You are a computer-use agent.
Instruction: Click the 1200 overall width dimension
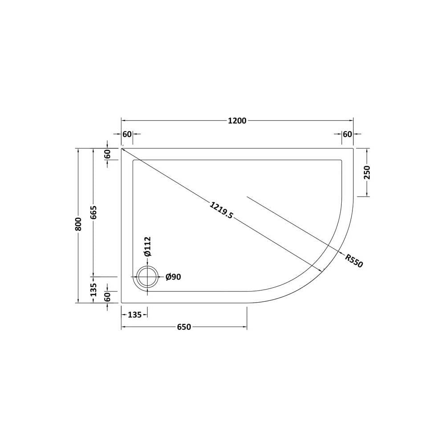(x=237, y=121)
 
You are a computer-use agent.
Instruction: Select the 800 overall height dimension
(x=78, y=224)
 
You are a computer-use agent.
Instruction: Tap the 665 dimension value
(x=93, y=212)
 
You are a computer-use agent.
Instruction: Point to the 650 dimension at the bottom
(x=184, y=327)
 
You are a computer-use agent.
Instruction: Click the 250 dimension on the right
(x=367, y=173)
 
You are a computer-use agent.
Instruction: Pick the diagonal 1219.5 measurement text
(x=221, y=210)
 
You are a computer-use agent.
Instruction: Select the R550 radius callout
(x=354, y=260)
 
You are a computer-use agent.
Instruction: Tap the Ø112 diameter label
(x=148, y=247)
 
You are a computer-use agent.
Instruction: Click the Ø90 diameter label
(x=173, y=277)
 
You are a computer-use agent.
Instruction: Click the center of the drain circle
(x=147, y=277)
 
